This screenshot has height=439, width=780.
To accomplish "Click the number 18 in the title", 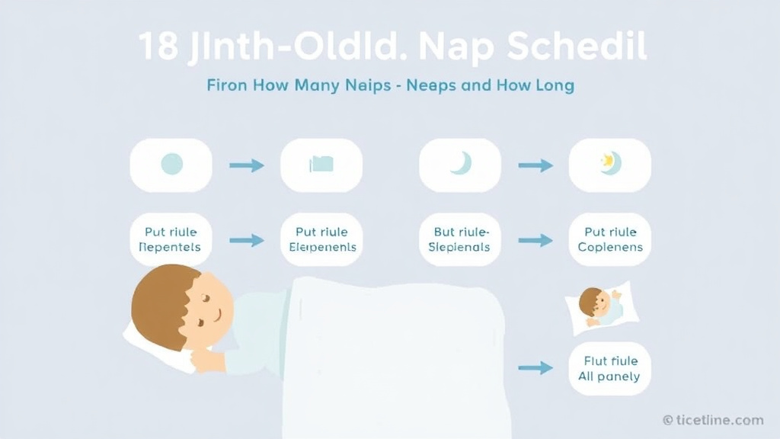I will pos(158,47).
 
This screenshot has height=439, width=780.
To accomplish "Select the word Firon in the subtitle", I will pos(228,85).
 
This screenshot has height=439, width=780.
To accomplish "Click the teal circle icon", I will pos(171,164).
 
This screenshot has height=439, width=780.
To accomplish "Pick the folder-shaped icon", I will pos(321,164).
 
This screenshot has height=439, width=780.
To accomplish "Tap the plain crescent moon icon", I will pos(460,163).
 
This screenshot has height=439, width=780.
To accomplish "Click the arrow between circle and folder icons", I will pos(246,165).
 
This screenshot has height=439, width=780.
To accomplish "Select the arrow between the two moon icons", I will pos(535,165).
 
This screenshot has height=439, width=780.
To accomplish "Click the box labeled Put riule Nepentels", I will pos(171,239).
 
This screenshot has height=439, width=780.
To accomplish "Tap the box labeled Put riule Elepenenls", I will pos(321,239).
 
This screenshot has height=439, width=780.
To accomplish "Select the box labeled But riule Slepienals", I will pos(460,239).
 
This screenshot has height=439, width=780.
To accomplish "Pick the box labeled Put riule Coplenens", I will pos(610,239).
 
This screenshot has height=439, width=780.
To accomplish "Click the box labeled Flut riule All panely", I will pos(610,368).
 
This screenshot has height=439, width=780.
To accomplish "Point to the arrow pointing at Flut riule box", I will pos(535,368).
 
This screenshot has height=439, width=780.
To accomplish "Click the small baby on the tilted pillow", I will pos(599,306).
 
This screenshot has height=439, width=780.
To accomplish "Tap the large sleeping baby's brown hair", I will pos(160,301).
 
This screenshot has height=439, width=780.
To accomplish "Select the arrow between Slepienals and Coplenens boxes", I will pos(535,240).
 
